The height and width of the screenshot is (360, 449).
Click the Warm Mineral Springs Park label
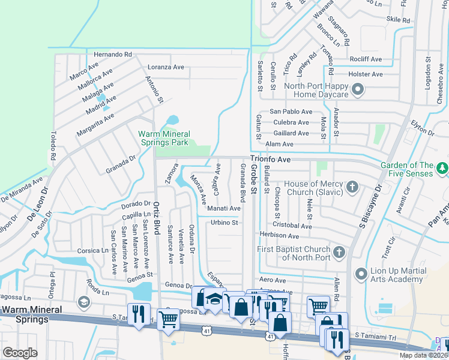click(x=164, y=138)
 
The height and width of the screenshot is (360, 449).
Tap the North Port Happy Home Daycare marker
click(x=358, y=91)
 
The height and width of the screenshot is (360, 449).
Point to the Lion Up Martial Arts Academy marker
click(x=360, y=274)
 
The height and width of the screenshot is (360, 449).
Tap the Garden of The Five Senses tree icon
click(x=442, y=166)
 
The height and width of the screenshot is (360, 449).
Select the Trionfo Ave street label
click(x=270, y=160)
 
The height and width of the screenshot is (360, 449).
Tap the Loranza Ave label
click(x=166, y=67)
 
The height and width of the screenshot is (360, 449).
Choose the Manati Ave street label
click(x=224, y=208)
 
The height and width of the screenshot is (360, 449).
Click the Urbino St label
click(x=225, y=223)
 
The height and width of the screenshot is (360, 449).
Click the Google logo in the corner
click(x=20, y=353)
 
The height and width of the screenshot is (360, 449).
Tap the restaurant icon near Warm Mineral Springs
click(x=139, y=314)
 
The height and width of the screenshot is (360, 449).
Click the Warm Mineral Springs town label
click(x=25, y=314)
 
